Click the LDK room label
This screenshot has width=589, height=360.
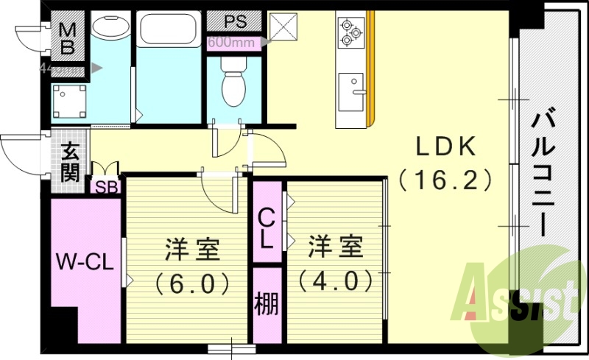click(x=445, y=147)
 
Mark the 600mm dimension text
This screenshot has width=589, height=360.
click(x=231, y=42)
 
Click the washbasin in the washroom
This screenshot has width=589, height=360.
click(x=110, y=28)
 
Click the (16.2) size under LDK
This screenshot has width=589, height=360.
click(x=445, y=179)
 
